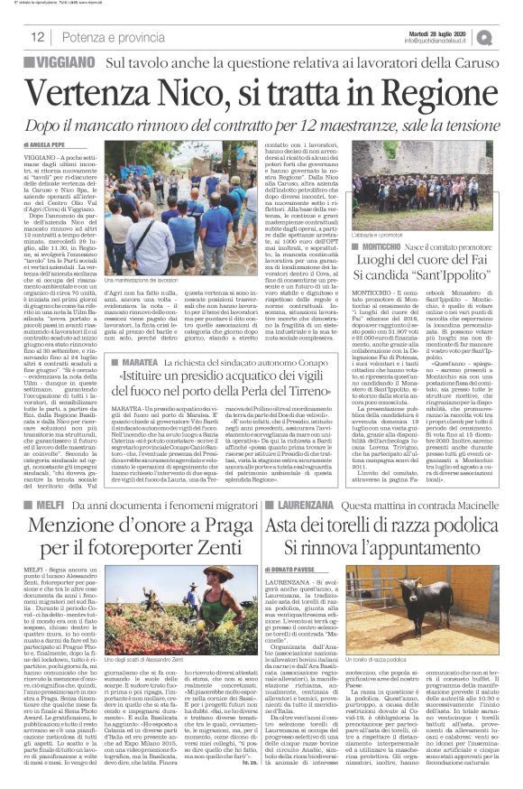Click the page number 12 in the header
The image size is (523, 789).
coord(38,37)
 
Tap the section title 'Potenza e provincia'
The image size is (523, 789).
coord(101,37)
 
